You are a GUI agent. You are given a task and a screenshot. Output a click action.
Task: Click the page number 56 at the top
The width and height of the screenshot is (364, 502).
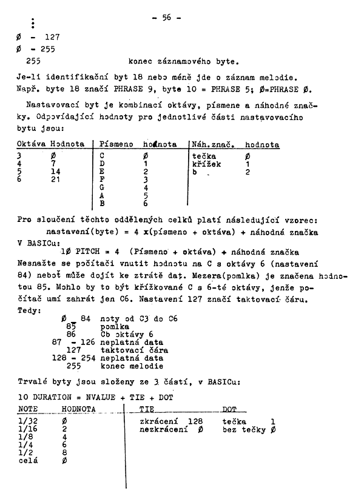tap(167, 18)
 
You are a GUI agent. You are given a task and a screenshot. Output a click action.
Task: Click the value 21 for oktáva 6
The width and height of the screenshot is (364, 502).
tap(56, 180)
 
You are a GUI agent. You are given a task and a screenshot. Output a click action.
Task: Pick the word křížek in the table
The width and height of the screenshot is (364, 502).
tap(207, 164)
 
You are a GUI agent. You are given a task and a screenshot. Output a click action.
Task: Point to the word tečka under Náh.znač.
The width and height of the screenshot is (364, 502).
tap(204, 156)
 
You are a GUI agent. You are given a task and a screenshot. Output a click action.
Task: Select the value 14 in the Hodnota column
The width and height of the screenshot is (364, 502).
tap(56, 172)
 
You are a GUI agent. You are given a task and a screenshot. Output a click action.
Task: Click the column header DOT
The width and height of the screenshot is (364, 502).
tap(230, 410)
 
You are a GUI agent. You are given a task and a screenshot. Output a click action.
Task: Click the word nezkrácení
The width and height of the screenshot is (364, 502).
tap(161, 429)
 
